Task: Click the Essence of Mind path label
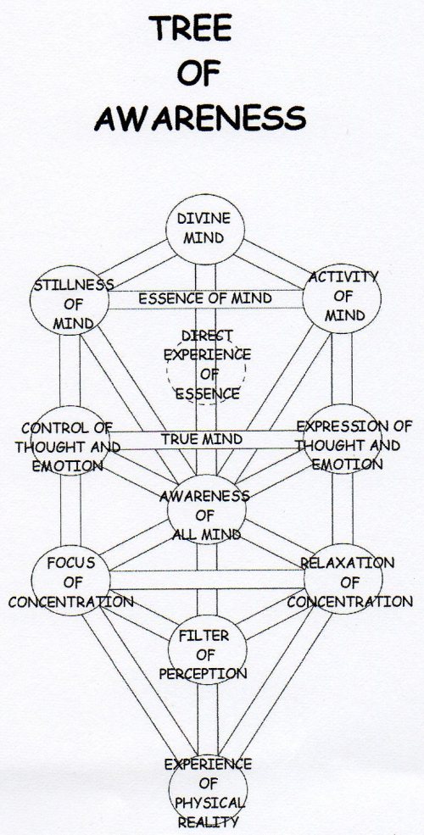(x=205, y=298)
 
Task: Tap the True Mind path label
(x=202, y=439)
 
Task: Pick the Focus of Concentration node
(x=72, y=582)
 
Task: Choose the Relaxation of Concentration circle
(x=344, y=582)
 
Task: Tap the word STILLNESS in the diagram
(x=73, y=285)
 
